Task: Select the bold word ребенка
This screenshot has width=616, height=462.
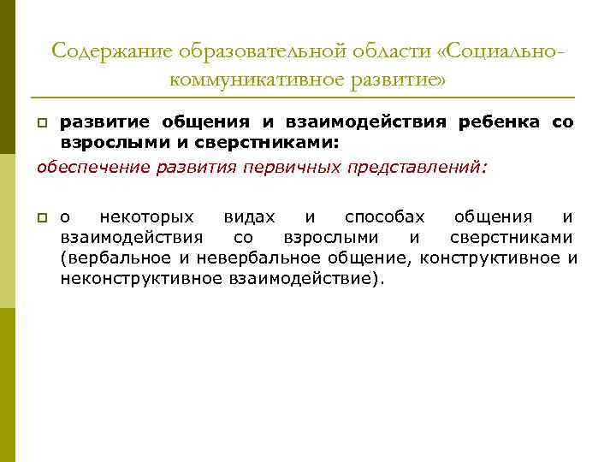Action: (x=499, y=121)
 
